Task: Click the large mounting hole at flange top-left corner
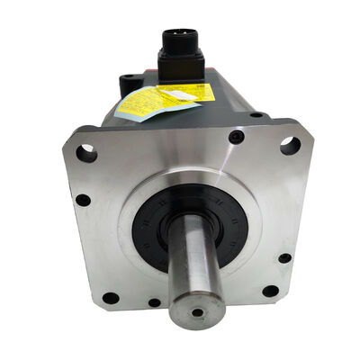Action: pyautogui.click(x=85, y=153)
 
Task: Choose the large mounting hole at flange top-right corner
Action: pyautogui.click(x=290, y=145)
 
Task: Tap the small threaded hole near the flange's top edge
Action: pyautogui.click(x=237, y=137)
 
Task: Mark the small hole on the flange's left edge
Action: pyautogui.click(x=82, y=200)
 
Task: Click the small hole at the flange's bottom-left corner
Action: pyautogui.click(x=110, y=298)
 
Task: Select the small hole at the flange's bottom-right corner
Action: pyautogui.click(x=269, y=291)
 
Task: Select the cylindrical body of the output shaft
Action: pyautogui.click(x=193, y=261)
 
